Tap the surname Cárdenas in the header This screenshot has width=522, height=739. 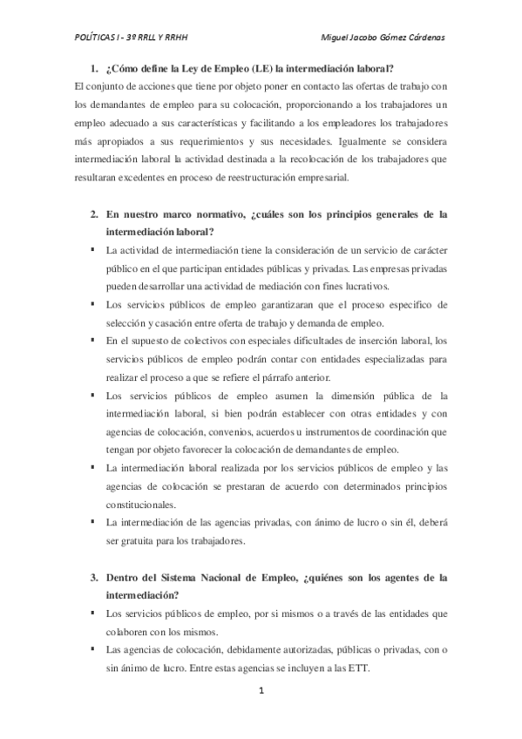coord(420,37)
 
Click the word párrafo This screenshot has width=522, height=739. coord(258,377)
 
